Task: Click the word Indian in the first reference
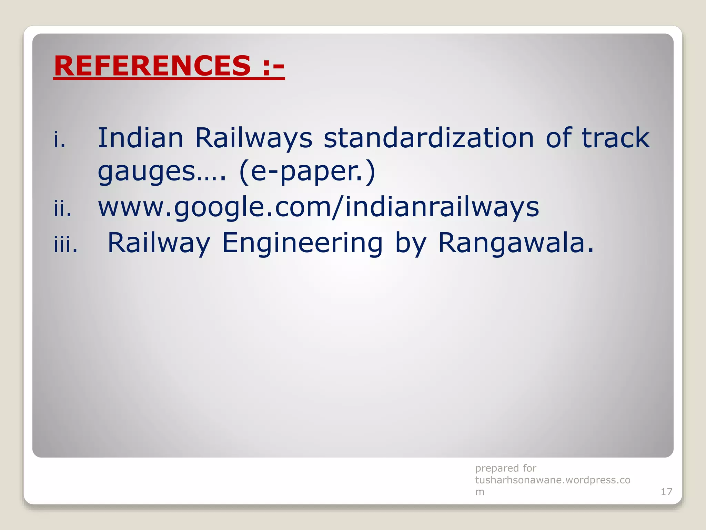pos(140,138)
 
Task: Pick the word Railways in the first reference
pos(253,138)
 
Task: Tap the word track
pos(615,138)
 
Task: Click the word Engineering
pos(302,244)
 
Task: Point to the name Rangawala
pos(516,243)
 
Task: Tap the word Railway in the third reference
pos(159,244)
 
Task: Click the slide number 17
pos(666,492)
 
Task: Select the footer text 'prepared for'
pos(505,468)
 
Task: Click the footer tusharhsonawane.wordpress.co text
pos(553,480)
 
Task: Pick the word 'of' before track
pos(558,138)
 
